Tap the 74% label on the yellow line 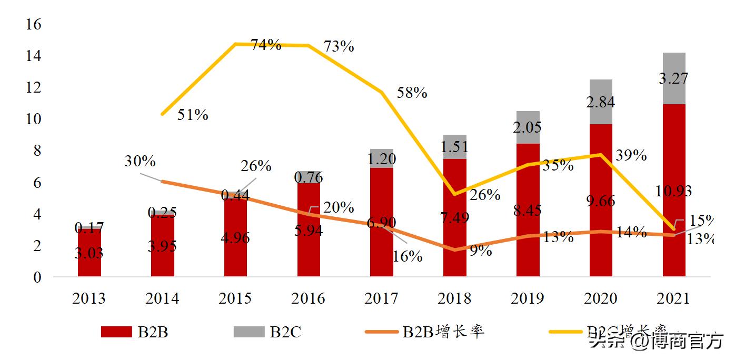click(x=265, y=45)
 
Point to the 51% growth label click(x=192, y=115)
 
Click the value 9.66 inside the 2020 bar click(x=601, y=201)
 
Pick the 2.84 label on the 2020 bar click(x=601, y=102)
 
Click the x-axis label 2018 click(x=454, y=298)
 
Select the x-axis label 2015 click(x=235, y=298)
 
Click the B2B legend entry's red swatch click(x=116, y=332)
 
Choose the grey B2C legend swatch click(x=248, y=332)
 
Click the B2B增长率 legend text click(x=444, y=332)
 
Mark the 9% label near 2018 click(x=480, y=251)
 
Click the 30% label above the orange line click(x=140, y=162)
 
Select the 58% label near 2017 click(x=412, y=93)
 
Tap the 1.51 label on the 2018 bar click(x=454, y=146)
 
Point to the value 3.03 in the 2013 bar click(x=90, y=254)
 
